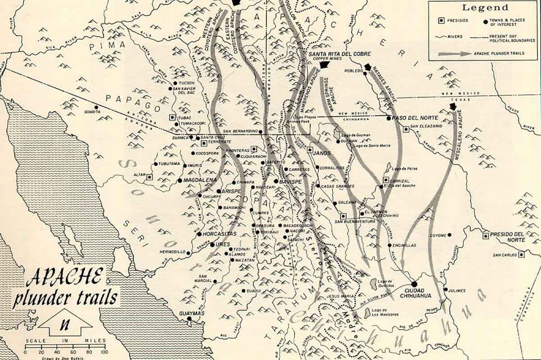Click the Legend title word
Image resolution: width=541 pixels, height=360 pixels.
click(484, 8)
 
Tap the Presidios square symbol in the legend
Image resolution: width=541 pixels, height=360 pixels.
click(443, 20)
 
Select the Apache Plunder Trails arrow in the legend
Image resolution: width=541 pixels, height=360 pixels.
click(454, 53)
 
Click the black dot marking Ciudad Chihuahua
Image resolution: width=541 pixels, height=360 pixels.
click(414, 284)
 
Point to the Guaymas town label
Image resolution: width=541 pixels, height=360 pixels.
click(193, 313)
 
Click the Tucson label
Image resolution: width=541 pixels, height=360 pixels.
click(187, 83)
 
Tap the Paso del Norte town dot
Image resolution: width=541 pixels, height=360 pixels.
click(389, 118)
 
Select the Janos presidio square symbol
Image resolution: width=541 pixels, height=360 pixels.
click(310, 149)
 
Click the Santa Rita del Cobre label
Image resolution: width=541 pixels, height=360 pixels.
click(334, 54)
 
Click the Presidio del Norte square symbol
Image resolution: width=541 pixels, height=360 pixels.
click(486, 235)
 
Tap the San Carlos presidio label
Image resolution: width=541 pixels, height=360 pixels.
click(504, 255)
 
